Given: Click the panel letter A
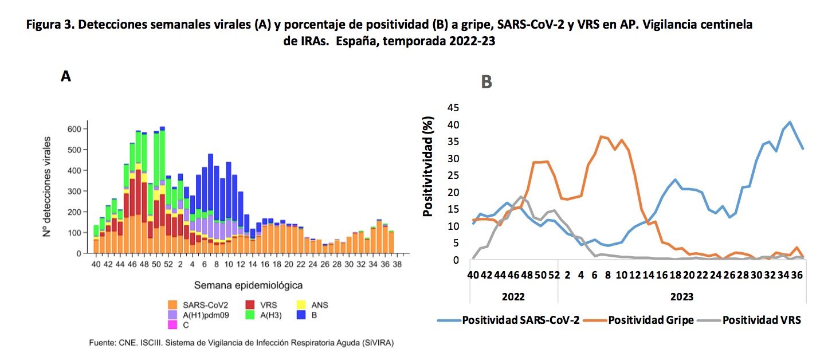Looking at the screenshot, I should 66,76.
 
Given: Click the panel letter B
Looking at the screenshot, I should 486,83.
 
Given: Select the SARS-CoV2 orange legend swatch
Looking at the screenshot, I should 172,305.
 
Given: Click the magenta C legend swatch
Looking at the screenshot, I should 172,324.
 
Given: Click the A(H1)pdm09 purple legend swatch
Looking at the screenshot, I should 172,315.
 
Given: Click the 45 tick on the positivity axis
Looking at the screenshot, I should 453,108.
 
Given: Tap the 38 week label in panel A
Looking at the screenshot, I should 397,264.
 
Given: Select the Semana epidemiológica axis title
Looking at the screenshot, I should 248,285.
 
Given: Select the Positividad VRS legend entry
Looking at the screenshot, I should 761,320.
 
